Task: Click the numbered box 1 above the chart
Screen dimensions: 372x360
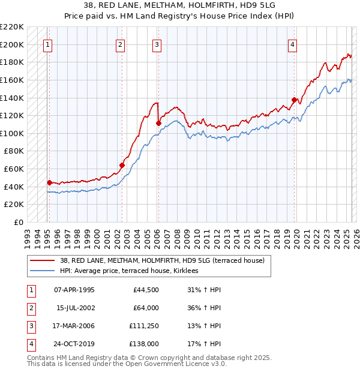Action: [47, 44]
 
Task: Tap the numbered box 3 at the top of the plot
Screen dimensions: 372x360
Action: [157, 44]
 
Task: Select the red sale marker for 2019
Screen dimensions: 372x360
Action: [294, 100]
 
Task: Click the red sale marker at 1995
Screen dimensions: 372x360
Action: [49, 182]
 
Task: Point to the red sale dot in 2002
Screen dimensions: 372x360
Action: [122, 165]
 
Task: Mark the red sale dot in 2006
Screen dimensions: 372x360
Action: [159, 123]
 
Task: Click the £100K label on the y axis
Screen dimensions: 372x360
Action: [13, 133]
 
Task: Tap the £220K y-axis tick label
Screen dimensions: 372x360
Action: [13, 27]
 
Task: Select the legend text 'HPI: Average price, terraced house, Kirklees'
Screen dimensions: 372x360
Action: [133, 271]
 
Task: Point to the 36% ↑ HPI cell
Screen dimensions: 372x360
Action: [200, 308]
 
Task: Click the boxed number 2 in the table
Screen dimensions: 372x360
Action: [29, 308]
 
